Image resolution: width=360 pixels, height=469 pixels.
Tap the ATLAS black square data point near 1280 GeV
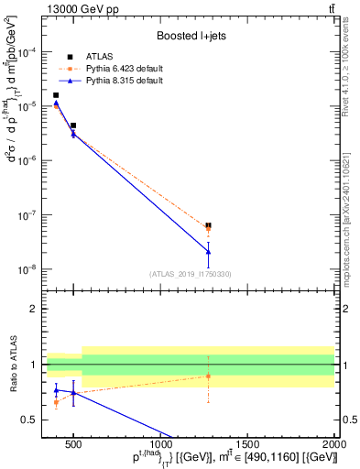[209, 224]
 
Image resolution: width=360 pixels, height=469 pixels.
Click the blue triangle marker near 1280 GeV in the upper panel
[209, 251]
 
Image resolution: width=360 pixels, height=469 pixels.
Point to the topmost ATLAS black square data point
[56, 95]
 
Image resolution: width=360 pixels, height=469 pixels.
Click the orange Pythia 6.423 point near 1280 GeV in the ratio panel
[209, 376]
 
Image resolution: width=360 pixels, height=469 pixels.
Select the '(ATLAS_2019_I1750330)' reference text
[191, 274]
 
